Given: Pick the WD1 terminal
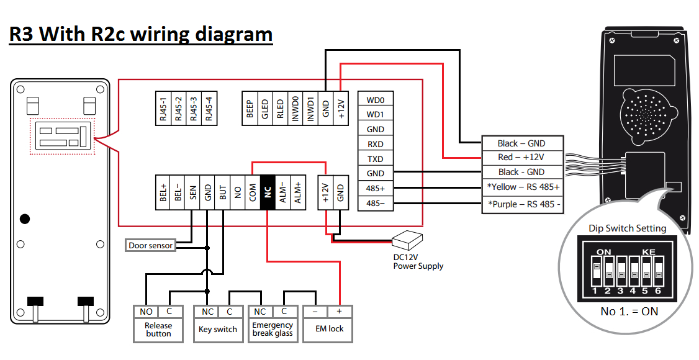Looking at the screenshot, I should [x=375, y=114].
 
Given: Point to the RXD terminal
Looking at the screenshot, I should [x=375, y=144].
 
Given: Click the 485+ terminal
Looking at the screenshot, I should [x=375, y=188].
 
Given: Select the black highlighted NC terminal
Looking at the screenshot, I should [x=268, y=192].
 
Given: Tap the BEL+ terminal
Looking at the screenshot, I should [x=163, y=192].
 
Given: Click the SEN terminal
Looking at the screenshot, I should [x=193, y=192].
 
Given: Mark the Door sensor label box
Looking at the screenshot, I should [x=150, y=246].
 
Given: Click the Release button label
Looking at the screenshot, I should [x=158, y=330].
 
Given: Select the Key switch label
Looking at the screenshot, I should [x=218, y=330].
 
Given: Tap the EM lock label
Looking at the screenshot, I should [x=328, y=329].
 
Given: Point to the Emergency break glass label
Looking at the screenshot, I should [x=273, y=330].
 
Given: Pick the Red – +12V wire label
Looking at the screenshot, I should [x=521, y=158].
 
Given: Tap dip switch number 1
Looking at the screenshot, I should [x=595, y=271].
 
